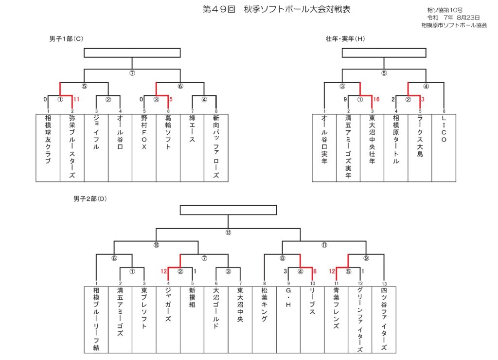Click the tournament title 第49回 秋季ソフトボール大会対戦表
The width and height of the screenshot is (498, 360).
276,9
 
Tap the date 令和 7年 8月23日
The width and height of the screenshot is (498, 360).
453,18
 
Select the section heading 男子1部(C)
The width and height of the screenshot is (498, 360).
66,39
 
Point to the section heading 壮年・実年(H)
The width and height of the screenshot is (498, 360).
345,39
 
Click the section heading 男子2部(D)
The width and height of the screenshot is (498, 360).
90,199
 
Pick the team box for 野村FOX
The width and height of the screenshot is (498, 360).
144,148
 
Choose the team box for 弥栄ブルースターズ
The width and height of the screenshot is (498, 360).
72,148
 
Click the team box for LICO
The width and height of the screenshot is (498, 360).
444,148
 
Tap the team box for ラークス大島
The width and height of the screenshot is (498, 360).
420,148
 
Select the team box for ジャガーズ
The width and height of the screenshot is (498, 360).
168,320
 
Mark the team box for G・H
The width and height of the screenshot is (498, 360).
288,320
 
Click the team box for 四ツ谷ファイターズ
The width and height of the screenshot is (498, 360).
384,320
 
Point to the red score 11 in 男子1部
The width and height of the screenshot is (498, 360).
76,99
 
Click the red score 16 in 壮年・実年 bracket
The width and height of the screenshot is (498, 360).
376,99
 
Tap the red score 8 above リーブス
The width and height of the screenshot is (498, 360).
315,271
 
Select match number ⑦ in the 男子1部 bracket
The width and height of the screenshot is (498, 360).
132,73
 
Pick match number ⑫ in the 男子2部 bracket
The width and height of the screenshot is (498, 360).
228,232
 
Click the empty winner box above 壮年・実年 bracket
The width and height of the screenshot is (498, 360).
384,53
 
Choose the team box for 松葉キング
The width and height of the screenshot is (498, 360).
264,320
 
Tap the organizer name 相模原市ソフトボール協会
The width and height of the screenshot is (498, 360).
454,25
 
